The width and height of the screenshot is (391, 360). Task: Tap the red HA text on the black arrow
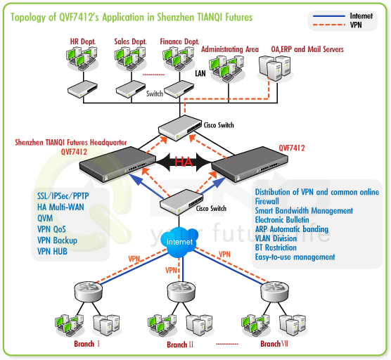[x=184, y=162]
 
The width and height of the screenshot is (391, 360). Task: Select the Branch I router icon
[x=89, y=291]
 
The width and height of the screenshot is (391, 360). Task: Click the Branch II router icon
[x=181, y=291]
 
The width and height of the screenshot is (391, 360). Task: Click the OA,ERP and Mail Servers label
[x=307, y=49]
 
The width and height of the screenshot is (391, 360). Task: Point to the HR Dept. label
[x=83, y=41]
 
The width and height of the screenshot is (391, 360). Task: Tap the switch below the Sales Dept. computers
[x=131, y=89]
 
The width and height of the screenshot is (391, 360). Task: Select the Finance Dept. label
[x=179, y=41]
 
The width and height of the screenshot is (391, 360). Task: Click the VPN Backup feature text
[x=57, y=240]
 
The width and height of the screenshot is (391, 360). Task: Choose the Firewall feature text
[x=267, y=201]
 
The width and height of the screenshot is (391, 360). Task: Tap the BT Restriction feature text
[x=276, y=247]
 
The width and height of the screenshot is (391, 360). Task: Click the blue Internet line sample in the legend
[x=329, y=16]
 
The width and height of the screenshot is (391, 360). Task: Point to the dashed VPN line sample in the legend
[x=329, y=25]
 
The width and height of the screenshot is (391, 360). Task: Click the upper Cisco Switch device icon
[x=180, y=128]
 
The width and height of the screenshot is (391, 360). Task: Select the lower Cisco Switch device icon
[x=181, y=202]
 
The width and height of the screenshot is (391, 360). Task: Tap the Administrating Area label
[x=230, y=49]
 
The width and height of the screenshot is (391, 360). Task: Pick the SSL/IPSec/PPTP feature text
[x=63, y=196]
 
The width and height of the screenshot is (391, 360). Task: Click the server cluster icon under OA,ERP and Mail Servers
[x=275, y=68]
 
